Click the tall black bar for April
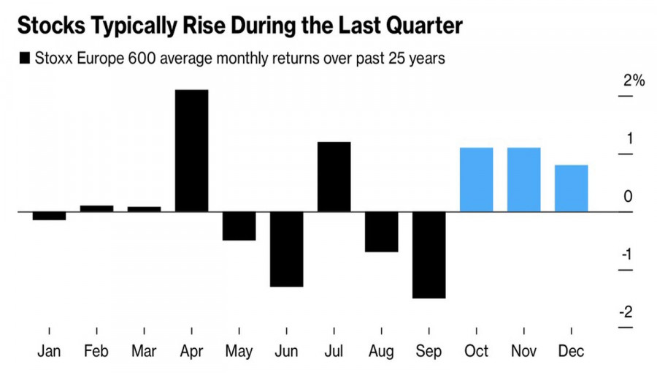pos(191,151)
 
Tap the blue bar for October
pos(476,180)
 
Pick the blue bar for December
pos(571,188)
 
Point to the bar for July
pos(334,176)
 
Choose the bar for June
pos(286,249)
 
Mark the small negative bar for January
pos(49,216)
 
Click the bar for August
pos(381,232)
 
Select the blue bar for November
pos(523,180)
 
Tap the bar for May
pos(239,226)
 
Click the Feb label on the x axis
pos(96,352)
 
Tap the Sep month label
pos(429,352)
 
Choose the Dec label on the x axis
pos(571,352)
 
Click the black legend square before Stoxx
pos(26,58)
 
